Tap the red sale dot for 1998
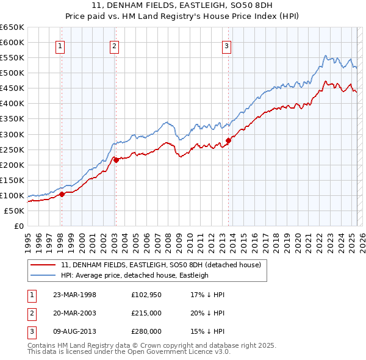(x=62, y=195)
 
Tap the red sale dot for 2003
(x=115, y=160)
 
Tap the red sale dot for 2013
(x=228, y=140)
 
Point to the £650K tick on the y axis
(x=12, y=27)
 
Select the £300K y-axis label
(x=12, y=134)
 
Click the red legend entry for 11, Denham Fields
(x=161, y=265)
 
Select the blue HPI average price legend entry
(x=135, y=275)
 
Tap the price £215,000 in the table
(x=146, y=313)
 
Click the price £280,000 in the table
(x=146, y=331)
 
